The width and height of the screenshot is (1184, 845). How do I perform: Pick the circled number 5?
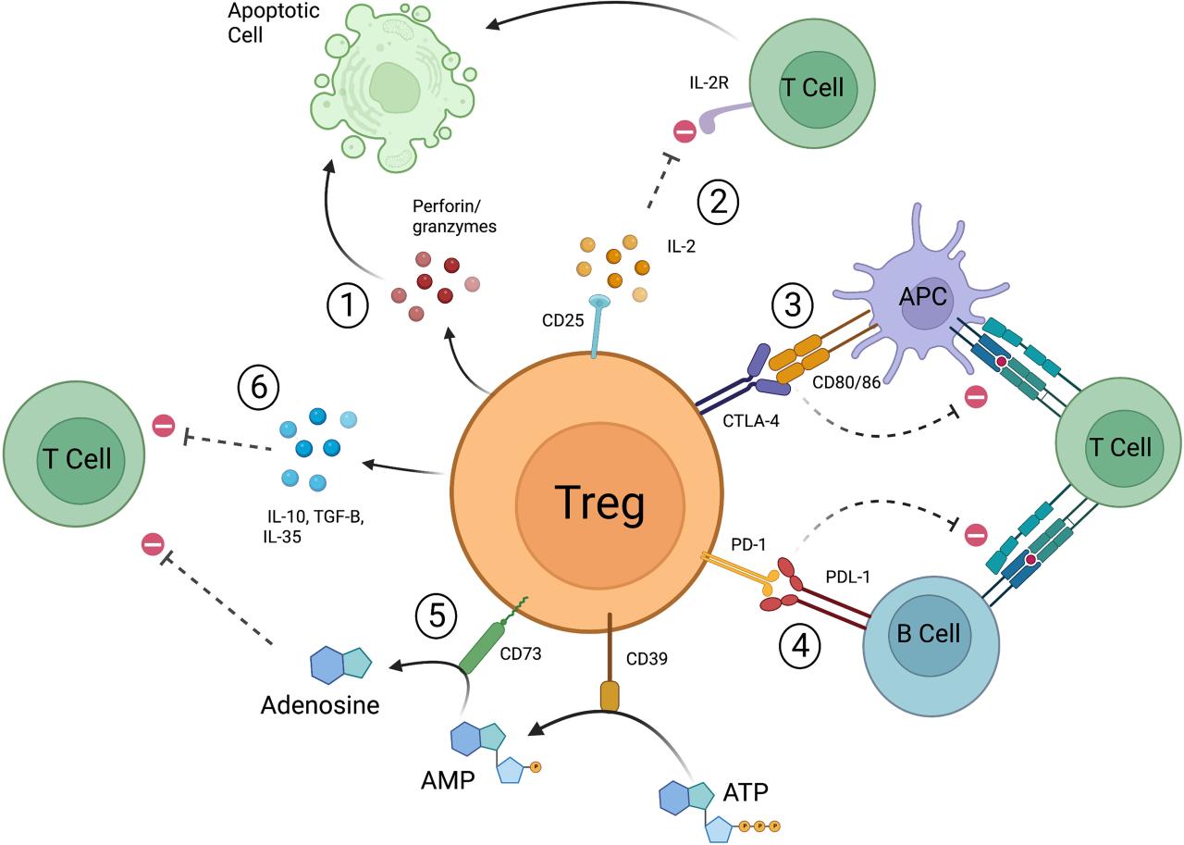point(437,614)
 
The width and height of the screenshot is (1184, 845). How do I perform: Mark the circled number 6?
point(260,386)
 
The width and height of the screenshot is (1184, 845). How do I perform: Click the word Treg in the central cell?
point(599,503)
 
